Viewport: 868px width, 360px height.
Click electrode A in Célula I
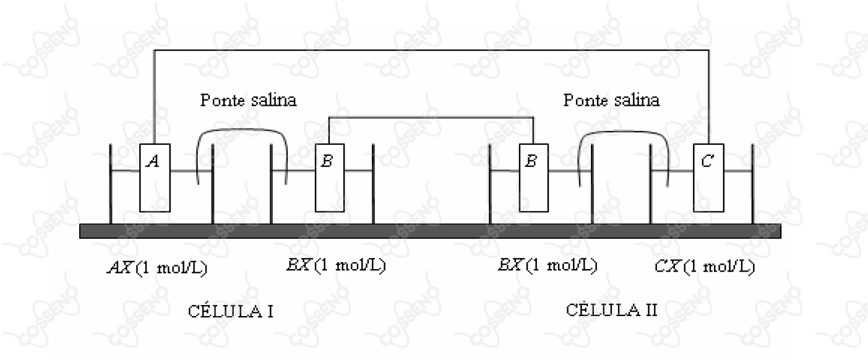(155, 178)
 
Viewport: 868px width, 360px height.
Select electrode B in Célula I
(330, 178)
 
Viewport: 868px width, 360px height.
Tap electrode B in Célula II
(533, 178)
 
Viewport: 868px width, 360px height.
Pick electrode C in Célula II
(709, 178)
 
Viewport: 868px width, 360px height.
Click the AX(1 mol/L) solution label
(157, 267)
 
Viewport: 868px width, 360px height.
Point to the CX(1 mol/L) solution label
(705, 267)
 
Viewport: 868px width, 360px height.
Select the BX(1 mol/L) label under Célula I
(336, 265)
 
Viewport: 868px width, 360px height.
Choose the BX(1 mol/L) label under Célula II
(548, 265)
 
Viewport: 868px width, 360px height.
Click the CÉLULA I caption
(231, 311)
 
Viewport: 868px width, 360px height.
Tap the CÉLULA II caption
(611, 310)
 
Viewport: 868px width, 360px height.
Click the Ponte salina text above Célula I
(248, 100)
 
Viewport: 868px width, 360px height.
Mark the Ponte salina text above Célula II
(611, 100)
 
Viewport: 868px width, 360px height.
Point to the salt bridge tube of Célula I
(242, 129)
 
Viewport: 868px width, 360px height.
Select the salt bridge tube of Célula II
(623, 132)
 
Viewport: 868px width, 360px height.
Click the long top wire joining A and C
(431, 50)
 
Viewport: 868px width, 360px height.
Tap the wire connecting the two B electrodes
(431, 117)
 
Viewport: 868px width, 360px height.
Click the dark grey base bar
(430, 231)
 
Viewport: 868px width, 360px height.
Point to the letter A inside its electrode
(153, 161)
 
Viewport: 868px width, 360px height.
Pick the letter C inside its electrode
(708, 161)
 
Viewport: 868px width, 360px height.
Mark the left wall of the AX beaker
(111, 184)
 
